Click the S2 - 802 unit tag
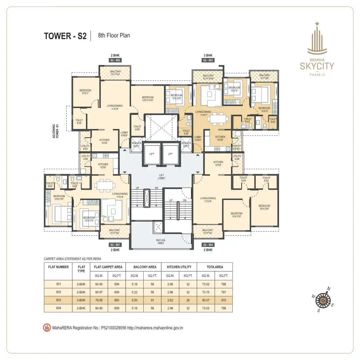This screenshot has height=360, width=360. (115, 60)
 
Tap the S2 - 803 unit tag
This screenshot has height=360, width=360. (208, 60)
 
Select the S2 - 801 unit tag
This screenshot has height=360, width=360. (115, 245)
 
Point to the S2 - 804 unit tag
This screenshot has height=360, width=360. (208, 245)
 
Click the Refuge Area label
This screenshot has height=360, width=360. (161, 242)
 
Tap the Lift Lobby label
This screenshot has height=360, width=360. (161, 176)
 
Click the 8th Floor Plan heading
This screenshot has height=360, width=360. (114, 35)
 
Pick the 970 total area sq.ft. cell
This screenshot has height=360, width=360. (223, 300)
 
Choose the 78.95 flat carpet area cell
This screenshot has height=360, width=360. (99, 300)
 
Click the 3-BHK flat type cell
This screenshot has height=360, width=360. (81, 300)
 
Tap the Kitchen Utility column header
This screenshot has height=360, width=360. (179, 267)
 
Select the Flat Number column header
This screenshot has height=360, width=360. (58, 267)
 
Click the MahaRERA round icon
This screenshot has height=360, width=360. (47, 328)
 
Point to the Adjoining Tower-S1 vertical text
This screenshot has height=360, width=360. (56, 132)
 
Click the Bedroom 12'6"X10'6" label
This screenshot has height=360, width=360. (148, 98)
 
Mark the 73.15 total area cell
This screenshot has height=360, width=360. (206, 292)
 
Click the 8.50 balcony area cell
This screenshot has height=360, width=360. (135, 300)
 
